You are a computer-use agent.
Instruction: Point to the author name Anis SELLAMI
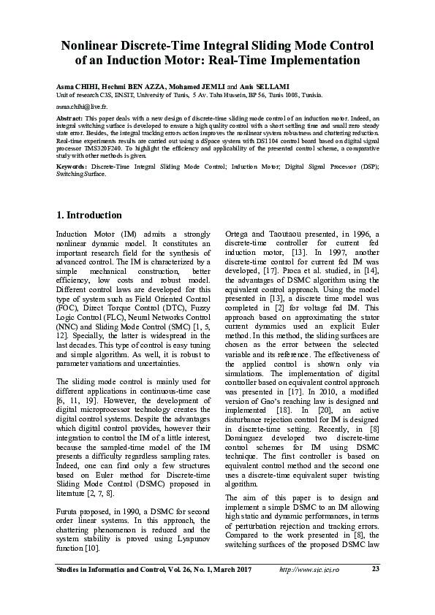[x=238, y=86]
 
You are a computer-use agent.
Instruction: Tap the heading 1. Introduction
[x=88, y=215]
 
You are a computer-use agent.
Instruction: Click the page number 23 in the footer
[x=375, y=569]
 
